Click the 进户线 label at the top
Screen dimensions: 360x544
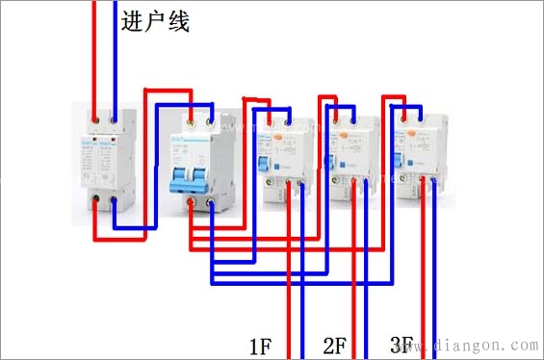(155, 21)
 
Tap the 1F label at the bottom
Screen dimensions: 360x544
(263, 345)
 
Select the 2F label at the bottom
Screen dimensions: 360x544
(334, 345)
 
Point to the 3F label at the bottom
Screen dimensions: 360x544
(403, 345)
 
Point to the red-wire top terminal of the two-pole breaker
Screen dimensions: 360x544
(194, 121)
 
